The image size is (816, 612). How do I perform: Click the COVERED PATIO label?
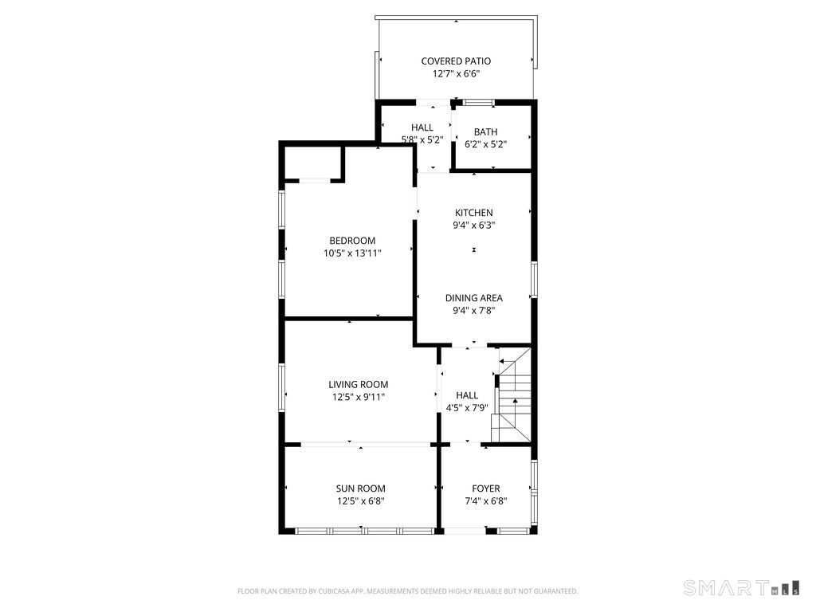[x=456, y=61]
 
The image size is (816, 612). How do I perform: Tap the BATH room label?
[x=485, y=132]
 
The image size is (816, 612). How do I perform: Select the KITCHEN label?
[x=473, y=213]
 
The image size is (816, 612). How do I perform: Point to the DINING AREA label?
[x=473, y=298]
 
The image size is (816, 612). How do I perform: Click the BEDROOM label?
[x=352, y=241]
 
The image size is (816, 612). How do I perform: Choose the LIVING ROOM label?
[x=358, y=384]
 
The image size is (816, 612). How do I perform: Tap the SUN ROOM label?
[x=360, y=489]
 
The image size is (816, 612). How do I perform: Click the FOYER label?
[x=485, y=489]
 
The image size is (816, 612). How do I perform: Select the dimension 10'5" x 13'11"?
[x=352, y=253]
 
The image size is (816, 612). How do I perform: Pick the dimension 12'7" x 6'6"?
[x=456, y=74]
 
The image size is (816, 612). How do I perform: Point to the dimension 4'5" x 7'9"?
[x=467, y=407]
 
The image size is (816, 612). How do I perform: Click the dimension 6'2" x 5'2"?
[x=485, y=145]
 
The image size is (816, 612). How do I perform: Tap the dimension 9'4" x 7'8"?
[x=473, y=311]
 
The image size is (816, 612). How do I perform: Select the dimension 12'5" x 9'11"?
[x=358, y=396]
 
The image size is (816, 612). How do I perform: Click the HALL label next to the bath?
[x=422, y=127]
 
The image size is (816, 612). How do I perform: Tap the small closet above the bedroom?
[x=313, y=163]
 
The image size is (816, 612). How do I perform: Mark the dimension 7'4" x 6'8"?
[x=485, y=501]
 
